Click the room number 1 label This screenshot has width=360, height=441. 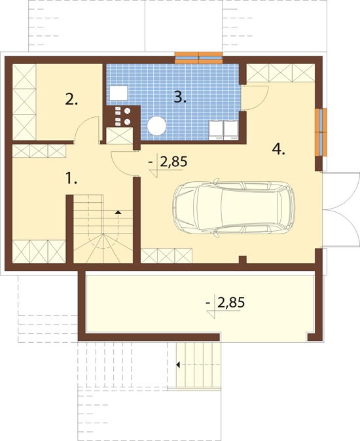point(71,179)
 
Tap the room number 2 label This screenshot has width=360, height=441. point(71,99)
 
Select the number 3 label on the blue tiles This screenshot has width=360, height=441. point(180,97)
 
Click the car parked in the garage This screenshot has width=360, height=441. point(234,207)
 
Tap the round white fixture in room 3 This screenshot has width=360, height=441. point(156,126)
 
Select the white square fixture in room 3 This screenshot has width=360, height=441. point(118,93)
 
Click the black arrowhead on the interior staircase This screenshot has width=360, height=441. point(118,212)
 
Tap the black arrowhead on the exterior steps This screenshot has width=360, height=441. point(178,365)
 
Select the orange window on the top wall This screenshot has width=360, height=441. point(198,58)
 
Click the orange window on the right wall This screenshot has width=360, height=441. point(321,132)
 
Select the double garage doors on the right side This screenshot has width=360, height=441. point(341,209)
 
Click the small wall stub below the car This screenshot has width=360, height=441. point(242,260)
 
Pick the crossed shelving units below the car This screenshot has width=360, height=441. point(166,256)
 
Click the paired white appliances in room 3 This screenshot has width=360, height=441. point(224,130)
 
